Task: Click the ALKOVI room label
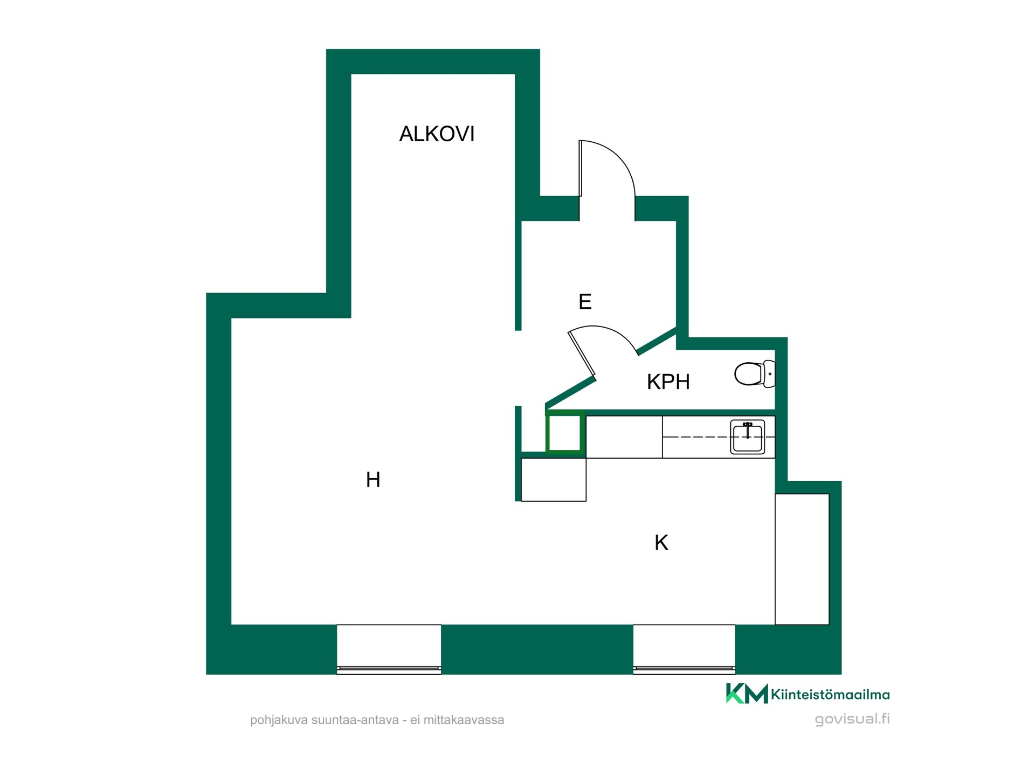[437, 134]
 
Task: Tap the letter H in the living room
[373, 480]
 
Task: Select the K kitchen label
[661, 543]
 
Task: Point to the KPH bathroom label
[668, 382]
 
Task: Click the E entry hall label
[585, 301]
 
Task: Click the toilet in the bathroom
[755, 373]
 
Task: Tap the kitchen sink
[748, 437]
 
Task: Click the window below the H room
[389, 649]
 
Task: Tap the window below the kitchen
[684, 649]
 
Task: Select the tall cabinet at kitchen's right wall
[802, 559]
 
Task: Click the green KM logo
[747, 694]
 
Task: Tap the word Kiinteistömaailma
[830, 695]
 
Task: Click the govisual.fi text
[852, 719]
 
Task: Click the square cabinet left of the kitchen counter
[554, 480]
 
